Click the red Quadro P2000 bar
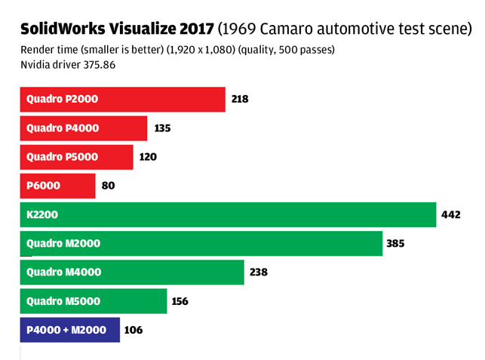coord(122,99)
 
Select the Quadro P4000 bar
coord(83,128)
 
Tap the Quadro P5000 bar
coord(76,157)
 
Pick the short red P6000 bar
coord(57,186)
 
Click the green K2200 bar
coord(228,214)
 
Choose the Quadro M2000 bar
coord(201,243)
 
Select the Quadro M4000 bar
coord(132,272)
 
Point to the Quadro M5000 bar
coord(94,301)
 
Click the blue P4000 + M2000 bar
coord(69,330)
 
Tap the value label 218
coord(240,99)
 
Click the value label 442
coord(450,214)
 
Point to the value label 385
coord(396,243)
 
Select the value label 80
coord(108,186)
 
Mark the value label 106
coord(134,330)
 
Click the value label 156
coord(180,301)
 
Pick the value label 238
coord(259,272)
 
